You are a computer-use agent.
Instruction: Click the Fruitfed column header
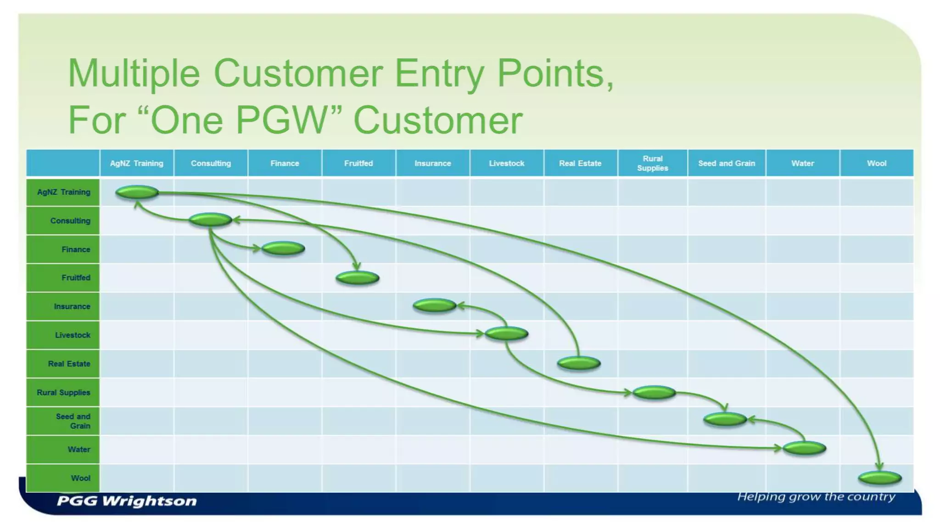point(358,163)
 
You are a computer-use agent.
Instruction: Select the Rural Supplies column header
point(652,163)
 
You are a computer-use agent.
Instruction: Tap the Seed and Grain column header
point(726,163)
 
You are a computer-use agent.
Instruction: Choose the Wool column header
point(876,163)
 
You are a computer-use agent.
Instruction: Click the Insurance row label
point(72,306)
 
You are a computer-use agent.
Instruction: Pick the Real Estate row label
point(69,364)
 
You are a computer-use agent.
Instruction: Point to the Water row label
point(79,450)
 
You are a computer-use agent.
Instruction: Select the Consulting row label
point(70,220)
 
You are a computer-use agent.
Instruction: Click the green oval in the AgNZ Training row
point(137,192)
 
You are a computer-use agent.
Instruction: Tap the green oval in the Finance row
point(283,248)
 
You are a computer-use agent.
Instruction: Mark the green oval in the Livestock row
point(506,334)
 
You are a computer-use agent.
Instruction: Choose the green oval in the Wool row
point(879,478)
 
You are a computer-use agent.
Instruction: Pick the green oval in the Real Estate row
point(579,363)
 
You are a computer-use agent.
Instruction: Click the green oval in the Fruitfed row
point(357,278)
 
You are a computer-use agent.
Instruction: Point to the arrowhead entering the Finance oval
point(257,248)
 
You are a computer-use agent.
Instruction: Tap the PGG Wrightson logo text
point(127,501)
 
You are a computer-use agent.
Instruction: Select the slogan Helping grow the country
point(816,497)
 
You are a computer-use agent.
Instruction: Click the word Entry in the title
point(439,73)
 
